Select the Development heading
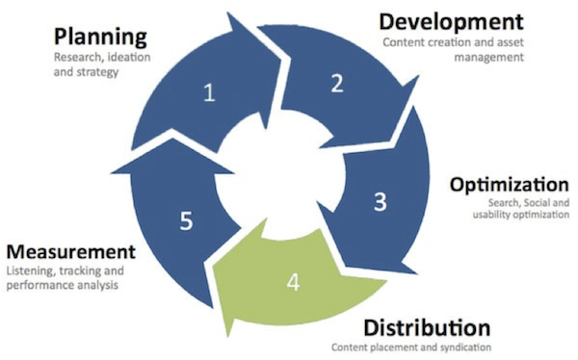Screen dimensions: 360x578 [x=450, y=21]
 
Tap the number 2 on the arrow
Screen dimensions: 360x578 [x=336, y=83]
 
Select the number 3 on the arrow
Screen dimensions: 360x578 [x=381, y=202]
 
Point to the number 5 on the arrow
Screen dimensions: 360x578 [x=187, y=219]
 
